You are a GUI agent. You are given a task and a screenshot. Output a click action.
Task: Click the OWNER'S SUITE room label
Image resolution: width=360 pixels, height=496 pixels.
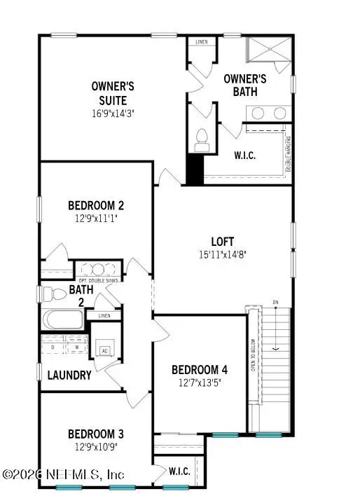tap(113, 93)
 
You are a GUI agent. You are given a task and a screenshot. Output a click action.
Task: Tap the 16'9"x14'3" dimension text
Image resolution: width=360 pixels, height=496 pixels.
tap(113, 112)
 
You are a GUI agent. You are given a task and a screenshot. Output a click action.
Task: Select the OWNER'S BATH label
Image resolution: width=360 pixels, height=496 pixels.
tap(245, 85)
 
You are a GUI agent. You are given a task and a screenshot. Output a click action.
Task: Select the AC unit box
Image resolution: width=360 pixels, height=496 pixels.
tap(104, 350)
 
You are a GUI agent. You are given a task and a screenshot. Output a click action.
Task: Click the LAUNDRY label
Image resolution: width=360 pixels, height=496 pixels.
tap(69, 376)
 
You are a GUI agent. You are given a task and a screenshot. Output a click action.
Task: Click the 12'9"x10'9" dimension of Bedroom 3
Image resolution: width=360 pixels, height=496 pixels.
tap(96, 446)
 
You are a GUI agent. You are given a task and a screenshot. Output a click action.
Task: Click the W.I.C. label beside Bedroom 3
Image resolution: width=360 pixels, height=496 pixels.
tap(180, 471)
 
